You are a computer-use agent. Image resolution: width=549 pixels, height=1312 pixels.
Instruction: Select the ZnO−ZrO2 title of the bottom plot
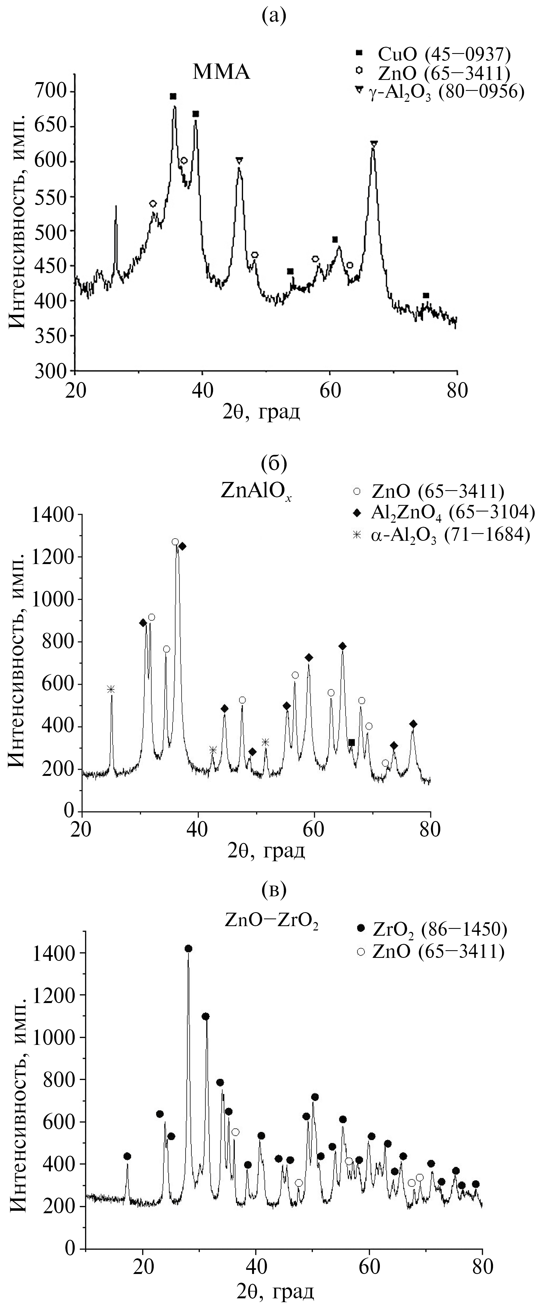[x=272, y=907]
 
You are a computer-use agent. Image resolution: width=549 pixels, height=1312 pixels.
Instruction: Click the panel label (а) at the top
[x=274, y=16]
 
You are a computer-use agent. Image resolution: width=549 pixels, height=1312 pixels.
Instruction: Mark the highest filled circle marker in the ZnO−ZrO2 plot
[x=188, y=948]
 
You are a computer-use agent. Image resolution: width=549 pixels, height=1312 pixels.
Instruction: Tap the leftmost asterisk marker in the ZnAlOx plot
[x=111, y=689]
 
